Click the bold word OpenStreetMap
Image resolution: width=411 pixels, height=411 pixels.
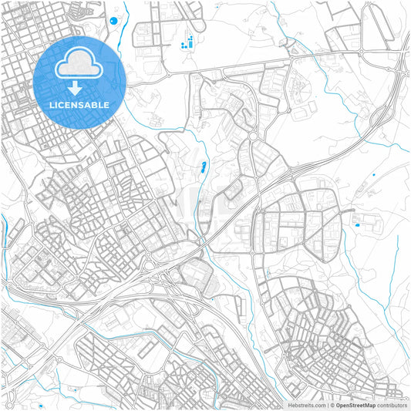355,405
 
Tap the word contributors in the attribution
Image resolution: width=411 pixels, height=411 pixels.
392,405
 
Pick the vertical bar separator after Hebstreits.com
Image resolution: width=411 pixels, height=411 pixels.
327,405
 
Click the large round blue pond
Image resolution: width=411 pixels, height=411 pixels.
114,21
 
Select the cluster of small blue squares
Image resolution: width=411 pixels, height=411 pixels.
187,42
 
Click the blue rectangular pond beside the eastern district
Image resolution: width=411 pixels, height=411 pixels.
356,224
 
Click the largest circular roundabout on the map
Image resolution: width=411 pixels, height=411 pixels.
253,137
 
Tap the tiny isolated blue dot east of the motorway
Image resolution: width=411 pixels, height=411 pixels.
373,176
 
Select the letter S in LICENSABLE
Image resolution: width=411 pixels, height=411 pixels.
78,104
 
